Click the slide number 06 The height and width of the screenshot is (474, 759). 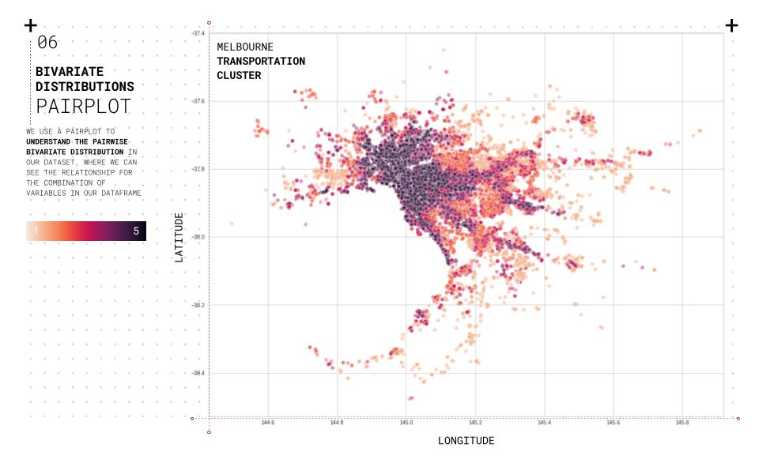tap(47, 43)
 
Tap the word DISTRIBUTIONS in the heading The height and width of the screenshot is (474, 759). tap(85, 86)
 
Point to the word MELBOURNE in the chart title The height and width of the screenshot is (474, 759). tap(245, 47)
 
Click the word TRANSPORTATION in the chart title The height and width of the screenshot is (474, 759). tap(261, 62)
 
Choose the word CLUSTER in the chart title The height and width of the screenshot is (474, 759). tap(239, 76)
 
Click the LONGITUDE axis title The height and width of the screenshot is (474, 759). tap(466, 441)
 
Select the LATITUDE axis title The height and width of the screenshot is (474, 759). tap(179, 237)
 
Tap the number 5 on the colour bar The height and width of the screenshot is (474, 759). tap(136, 231)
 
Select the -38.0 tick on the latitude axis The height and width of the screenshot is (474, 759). tap(198, 237)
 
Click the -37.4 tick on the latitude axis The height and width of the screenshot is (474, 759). tap(198, 33)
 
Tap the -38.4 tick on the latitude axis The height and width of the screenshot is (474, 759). tap(198, 373)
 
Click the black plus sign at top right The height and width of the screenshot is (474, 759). tap(731, 25)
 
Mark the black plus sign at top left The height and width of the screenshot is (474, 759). tap(31, 25)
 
